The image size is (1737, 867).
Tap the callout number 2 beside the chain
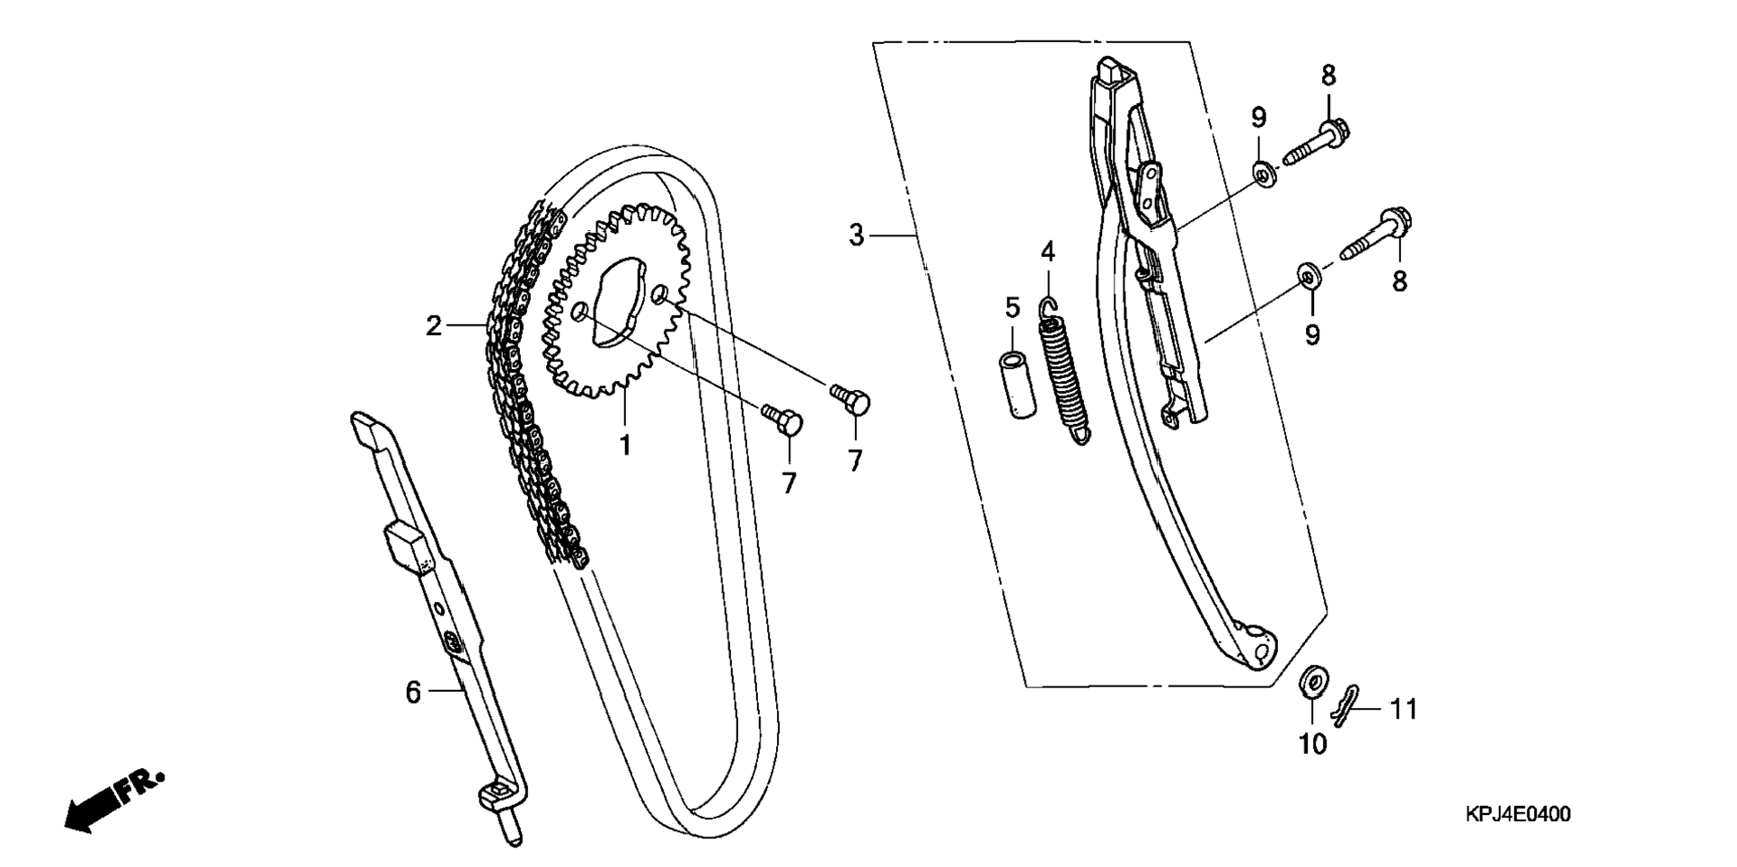tap(435, 326)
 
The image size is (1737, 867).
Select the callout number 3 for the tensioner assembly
tap(857, 235)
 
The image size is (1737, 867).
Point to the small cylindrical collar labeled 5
tap(1017, 384)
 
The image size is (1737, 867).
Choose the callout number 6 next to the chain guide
tap(413, 693)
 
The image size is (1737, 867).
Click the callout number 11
tap(1403, 710)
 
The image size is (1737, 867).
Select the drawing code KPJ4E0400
tap(1518, 816)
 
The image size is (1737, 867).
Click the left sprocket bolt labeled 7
tap(782, 420)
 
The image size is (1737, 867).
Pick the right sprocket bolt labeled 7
tap(850, 400)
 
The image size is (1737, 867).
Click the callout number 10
tap(1312, 744)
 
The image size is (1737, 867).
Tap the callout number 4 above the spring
tap(1048, 252)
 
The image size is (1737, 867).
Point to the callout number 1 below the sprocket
tap(625, 444)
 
